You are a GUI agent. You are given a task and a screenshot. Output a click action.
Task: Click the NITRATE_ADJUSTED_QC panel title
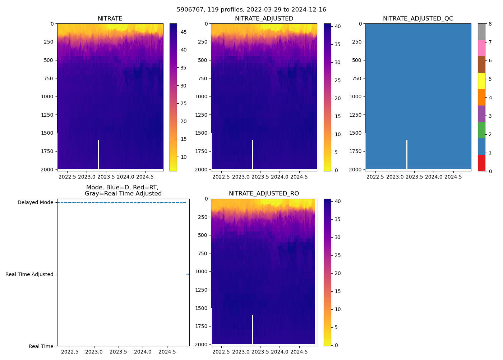tap(418, 19)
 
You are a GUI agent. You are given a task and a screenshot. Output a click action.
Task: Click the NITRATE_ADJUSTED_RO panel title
tap(264, 194)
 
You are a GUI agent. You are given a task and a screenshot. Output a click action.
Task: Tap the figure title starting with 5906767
tap(251, 10)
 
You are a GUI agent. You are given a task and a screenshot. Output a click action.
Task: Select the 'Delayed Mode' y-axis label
tap(35, 202)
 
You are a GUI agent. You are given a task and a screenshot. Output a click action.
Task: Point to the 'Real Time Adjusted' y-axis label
tap(29, 274)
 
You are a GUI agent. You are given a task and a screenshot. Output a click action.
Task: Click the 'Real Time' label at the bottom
tap(41, 346)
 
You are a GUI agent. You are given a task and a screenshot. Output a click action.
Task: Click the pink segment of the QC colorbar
tap(481, 48)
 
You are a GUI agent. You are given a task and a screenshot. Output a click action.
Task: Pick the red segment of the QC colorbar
tap(481, 163)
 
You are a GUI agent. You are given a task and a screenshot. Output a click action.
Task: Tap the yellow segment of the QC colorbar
tap(481, 81)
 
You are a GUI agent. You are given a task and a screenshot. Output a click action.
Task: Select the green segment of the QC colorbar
tap(481, 130)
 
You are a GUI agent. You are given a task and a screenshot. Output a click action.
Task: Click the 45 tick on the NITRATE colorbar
tap(183, 32)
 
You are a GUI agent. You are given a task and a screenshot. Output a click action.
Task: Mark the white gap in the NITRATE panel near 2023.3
tap(98, 155)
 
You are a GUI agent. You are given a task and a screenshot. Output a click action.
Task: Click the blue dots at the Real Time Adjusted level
tap(188, 274)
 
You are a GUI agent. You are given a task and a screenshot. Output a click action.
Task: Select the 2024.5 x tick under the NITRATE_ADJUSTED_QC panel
tap(453, 177)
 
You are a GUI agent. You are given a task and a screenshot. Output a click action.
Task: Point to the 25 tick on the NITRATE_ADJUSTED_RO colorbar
tap(338, 255)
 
